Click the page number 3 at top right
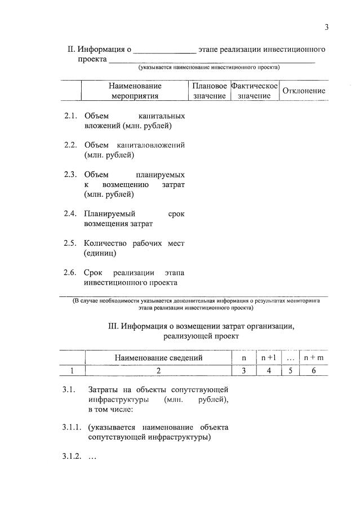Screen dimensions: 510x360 coord(326,27)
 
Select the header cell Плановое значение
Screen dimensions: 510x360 coord(210,91)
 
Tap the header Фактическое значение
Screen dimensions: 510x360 coord(255,91)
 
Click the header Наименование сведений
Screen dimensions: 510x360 coord(158,357)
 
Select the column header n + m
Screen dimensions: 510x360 coord(313,357)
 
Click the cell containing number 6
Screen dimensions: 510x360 coord(313,370)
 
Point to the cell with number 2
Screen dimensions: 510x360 coord(158,370)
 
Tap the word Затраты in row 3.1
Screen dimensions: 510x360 coord(103,389)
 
